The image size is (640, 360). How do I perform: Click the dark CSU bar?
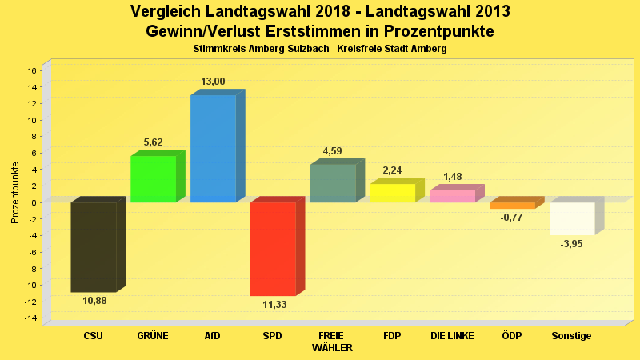click(x=94, y=246)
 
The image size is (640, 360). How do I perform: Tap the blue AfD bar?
click(x=213, y=148)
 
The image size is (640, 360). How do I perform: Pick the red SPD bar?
click(x=273, y=249)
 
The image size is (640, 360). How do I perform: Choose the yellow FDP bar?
click(x=393, y=193)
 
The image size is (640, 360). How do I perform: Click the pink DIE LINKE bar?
click(x=453, y=196)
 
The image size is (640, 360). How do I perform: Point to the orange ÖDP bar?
click(x=512, y=206)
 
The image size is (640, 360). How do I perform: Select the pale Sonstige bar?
click(x=572, y=218)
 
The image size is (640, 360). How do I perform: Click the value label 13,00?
click(x=213, y=82)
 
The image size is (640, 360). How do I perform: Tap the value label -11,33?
click(x=273, y=305)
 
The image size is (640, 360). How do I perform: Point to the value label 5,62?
click(x=153, y=142)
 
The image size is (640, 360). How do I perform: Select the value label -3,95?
click(x=572, y=244)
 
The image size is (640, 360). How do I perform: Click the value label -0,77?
click(x=512, y=218)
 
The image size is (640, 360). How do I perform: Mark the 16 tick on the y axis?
click(x=32, y=70)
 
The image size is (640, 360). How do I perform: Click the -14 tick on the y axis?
click(x=30, y=318)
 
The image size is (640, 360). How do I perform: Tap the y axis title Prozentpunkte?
click(x=15, y=193)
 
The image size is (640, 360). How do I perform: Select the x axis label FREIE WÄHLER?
click(x=332, y=342)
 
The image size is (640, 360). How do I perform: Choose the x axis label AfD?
click(x=213, y=336)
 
